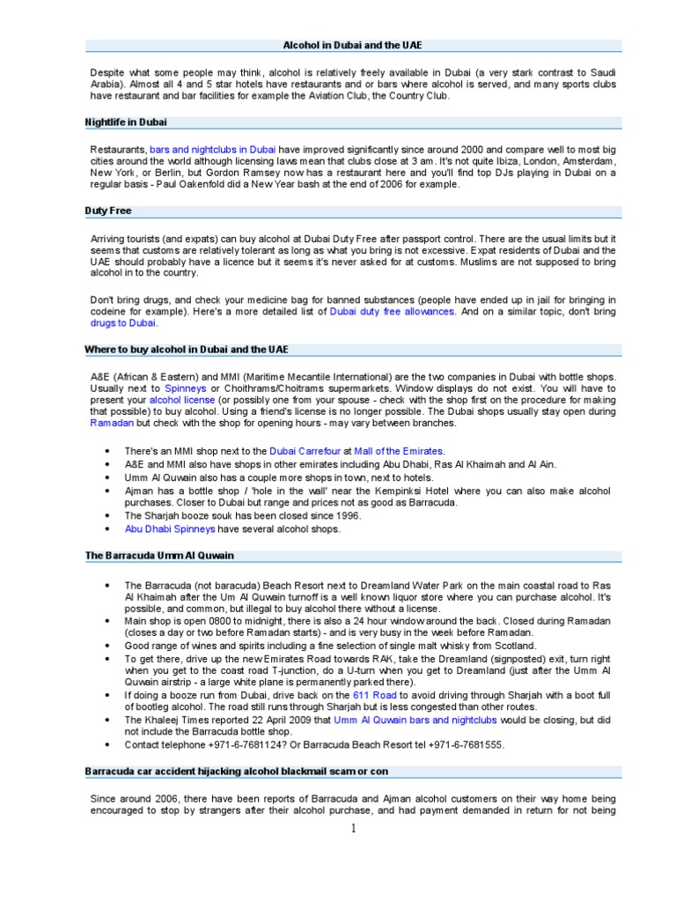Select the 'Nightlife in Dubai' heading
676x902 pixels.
coord(126,122)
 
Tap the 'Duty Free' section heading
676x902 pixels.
coord(108,211)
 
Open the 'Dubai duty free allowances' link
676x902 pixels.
coord(393,311)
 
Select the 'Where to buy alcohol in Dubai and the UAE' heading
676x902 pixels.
coord(186,350)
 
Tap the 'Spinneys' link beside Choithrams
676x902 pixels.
coord(185,388)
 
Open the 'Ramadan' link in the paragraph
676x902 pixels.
coord(111,424)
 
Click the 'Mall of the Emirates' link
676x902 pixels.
coord(399,451)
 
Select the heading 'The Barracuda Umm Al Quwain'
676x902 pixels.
coord(159,556)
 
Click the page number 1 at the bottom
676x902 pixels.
coord(353,828)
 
